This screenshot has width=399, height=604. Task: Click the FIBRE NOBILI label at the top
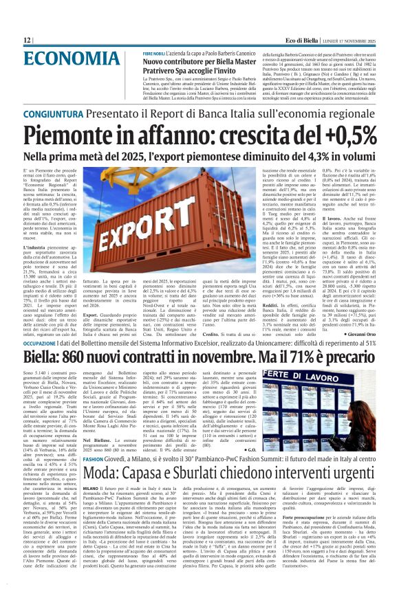(x=155, y=53)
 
